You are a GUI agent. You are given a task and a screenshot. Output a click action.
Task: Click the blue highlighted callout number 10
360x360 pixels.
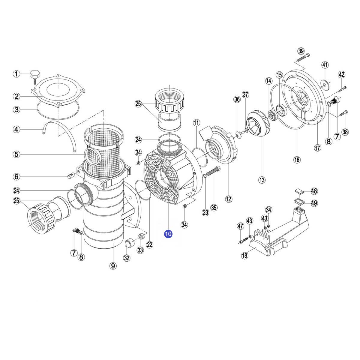tap(168, 234)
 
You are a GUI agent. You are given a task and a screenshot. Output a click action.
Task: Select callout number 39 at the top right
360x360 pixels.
tap(301, 51)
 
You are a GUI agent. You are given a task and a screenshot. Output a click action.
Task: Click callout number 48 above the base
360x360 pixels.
tap(314, 191)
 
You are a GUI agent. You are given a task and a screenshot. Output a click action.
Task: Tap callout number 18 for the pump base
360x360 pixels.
tap(244, 256)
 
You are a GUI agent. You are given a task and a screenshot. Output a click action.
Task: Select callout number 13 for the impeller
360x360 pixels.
tap(262, 180)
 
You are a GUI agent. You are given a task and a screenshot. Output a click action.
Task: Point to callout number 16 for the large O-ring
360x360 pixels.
tap(297, 160)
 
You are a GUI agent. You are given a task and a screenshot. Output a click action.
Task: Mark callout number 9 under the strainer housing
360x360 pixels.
tap(113, 265)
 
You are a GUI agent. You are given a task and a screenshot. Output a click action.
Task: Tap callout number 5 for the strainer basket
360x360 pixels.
tap(16, 154)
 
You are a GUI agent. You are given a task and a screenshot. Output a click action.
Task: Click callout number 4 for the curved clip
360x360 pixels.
tap(16, 129)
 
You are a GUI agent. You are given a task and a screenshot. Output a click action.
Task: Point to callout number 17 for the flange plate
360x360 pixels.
tap(317, 148)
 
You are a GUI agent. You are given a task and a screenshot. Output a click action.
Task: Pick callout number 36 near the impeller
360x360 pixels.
tap(237, 100)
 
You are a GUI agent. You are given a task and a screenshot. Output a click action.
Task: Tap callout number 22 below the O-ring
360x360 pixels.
tap(149, 244)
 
